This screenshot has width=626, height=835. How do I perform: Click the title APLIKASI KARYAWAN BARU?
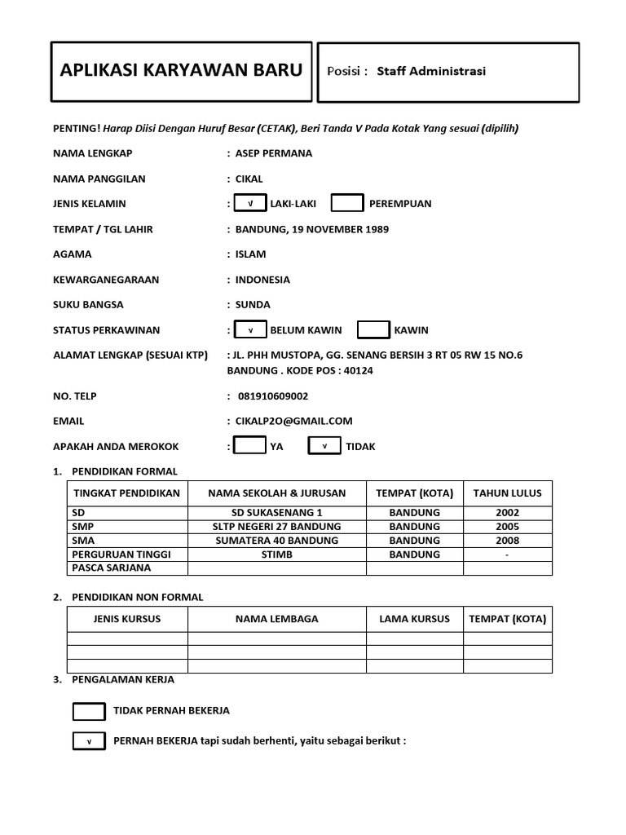pos(181,71)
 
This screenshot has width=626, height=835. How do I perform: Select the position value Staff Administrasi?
pos(430,72)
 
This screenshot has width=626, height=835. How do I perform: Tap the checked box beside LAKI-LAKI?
pos(250,203)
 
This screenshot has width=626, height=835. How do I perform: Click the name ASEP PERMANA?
pos(273,153)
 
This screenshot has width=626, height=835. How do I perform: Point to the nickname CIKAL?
pos(249,179)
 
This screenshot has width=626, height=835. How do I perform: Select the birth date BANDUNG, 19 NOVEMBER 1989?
pos(311,229)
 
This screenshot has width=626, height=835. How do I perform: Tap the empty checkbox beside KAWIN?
pos(374,330)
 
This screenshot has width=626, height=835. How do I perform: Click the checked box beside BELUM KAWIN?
pos(250,330)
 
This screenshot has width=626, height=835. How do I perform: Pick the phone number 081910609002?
pos(273,396)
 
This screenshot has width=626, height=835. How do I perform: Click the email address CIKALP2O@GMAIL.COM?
pos(293,422)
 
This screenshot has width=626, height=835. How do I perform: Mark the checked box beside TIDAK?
pos(324,446)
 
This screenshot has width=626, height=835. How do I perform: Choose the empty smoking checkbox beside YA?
pos(249,446)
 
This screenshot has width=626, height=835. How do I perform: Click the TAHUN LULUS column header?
pos(507,493)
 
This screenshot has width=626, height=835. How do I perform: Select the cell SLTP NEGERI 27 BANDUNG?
pos(277,527)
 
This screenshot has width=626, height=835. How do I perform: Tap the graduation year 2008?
pos(507,541)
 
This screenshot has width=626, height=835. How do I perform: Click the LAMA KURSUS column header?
pos(414,619)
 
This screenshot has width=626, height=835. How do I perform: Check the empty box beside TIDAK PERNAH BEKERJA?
pos(89,711)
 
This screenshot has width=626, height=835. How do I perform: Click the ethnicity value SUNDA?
pos(253,305)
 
